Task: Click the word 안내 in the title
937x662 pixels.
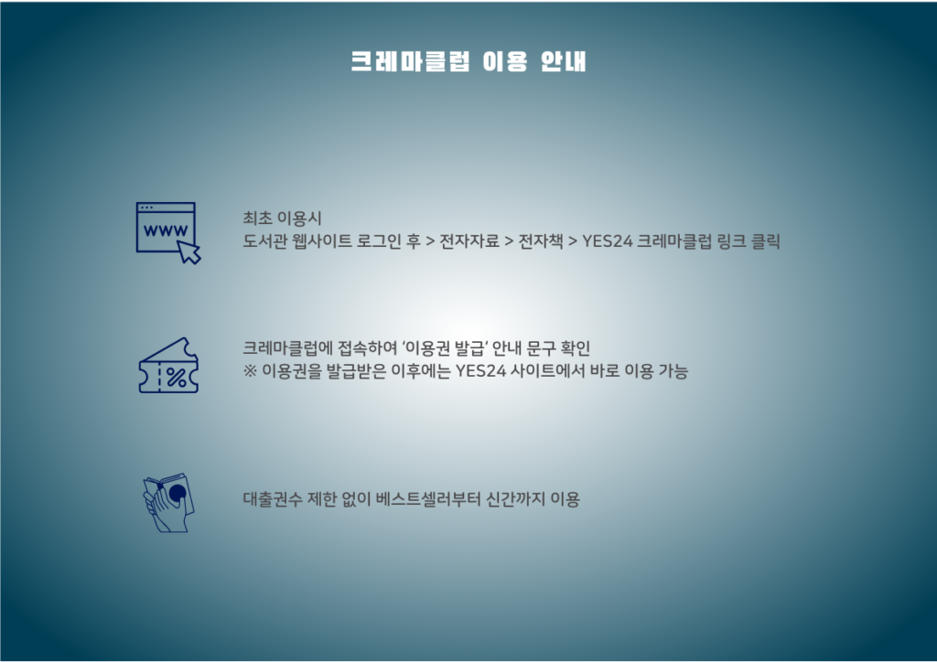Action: tap(563, 61)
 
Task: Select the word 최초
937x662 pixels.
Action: tap(257, 219)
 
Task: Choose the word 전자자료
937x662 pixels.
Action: tap(469, 241)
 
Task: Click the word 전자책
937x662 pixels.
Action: tap(540, 241)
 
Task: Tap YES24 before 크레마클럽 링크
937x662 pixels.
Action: tap(608, 241)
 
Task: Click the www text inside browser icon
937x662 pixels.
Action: tap(166, 230)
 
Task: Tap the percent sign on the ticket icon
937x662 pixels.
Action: tap(177, 378)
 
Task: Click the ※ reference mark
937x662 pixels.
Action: tap(250, 371)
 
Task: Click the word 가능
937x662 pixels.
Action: tap(673, 371)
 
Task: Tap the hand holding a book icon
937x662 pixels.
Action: tap(168, 503)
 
